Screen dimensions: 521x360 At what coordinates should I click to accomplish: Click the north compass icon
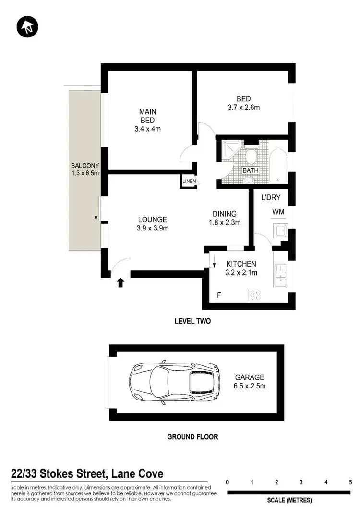click(x=26, y=27)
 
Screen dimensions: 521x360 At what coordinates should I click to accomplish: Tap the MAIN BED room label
click(x=147, y=116)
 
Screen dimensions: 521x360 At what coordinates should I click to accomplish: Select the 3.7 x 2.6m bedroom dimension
click(x=243, y=108)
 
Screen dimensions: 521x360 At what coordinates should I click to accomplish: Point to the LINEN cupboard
click(x=188, y=181)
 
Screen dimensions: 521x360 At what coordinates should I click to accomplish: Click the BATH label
click(x=250, y=170)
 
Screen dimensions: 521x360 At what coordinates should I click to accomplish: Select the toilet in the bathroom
click(x=251, y=156)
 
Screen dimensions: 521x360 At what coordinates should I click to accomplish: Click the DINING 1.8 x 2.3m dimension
click(x=224, y=222)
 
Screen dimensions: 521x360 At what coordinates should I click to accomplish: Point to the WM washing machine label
click(x=278, y=212)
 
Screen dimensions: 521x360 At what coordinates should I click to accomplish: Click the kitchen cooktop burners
click(x=254, y=295)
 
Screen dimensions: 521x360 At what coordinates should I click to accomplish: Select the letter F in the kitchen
click(x=219, y=295)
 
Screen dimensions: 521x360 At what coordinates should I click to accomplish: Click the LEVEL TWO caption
click(x=192, y=321)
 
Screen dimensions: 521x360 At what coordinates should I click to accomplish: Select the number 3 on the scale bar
click(x=301, y=482)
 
